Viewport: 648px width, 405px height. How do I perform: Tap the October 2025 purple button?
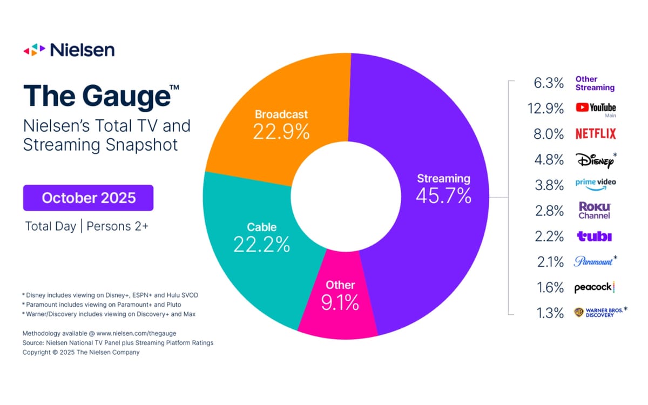coord(89,198)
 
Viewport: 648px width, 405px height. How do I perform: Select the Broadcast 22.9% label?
coord(281,125)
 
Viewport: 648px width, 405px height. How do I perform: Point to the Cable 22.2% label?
coord(261,237)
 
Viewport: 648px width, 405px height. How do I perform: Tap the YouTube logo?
coord(596,107)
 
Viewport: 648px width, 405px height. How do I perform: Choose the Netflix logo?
coord(596,134)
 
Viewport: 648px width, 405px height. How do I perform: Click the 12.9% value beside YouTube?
coord(545,108)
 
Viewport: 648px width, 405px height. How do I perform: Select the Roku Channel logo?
coord(595,211)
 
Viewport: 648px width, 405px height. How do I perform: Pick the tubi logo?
coord(594,237)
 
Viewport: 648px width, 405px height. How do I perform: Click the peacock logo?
coord(595,288)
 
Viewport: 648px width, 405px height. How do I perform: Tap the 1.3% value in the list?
coord(550,313)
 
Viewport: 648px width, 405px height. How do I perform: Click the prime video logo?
coord(595,184)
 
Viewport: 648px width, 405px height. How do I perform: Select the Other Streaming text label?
coord(595,83)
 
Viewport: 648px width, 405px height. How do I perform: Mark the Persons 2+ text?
coord(117,226)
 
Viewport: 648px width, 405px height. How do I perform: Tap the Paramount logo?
coord(593,261)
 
